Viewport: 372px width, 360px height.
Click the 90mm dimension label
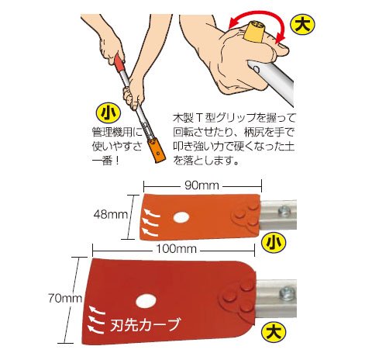point(201,185)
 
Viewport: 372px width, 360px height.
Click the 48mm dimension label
point(111,214)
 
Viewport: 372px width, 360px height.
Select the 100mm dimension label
point(177,249)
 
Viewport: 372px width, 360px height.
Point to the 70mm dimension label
point(65,299)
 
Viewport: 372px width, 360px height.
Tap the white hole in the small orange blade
point(181,217)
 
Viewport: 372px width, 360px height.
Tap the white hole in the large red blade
point(146,301)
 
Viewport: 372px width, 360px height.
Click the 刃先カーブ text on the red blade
point(145,324)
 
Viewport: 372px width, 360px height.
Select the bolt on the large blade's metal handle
point(288,294)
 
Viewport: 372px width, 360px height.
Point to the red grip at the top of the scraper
point(119,62)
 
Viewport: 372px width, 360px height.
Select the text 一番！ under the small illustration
point(106,161)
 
